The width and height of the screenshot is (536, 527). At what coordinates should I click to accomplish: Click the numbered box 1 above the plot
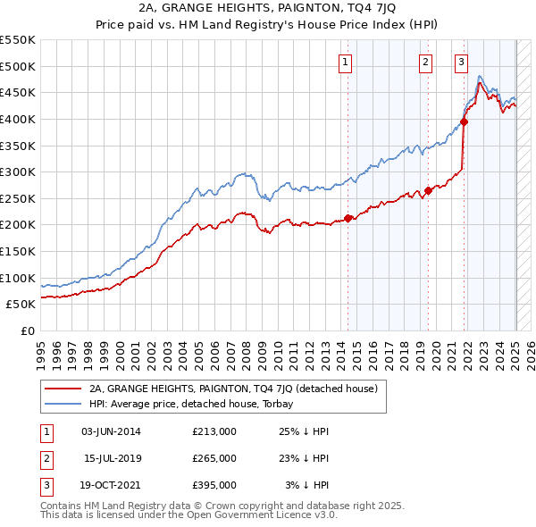tap(345, 62)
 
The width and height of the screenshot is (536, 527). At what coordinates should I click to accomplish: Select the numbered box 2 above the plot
tap(424, 62)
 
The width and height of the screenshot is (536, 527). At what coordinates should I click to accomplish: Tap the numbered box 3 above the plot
tap(461, 62)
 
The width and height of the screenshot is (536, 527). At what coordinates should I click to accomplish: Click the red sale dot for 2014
tap(348, 218)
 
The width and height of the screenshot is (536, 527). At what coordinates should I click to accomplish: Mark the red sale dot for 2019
tap(429, 190)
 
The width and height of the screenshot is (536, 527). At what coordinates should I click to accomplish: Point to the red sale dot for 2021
tap(465, 121)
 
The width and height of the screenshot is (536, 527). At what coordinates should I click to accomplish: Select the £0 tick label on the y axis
tap(28, 330)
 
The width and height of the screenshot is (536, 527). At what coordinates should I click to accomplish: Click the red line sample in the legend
tap(63, 389)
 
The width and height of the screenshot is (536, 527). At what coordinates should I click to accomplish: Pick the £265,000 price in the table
tap(214, 458)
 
